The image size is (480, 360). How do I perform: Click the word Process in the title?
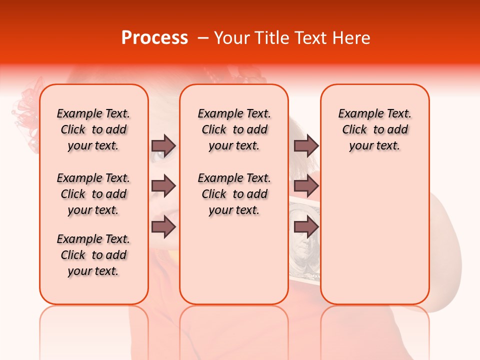click(154, 38)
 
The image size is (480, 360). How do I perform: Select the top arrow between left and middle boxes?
click(163, 145)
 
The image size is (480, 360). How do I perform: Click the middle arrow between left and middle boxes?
click(163, 186)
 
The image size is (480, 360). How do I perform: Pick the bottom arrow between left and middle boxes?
click(163, 227)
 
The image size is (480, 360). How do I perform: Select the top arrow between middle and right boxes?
click(306, 145)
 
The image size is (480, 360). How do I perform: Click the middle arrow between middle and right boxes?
click(306, 186)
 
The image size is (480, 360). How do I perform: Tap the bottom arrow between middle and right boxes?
click(306, 227)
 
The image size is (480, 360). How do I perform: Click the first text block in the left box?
click(93, 129)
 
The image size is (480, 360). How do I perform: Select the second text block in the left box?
click(93, 194)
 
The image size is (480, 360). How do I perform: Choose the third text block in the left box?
click(93, 255)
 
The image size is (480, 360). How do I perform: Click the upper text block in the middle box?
click(234, 129)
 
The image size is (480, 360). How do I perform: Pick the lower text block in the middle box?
click(234, 194)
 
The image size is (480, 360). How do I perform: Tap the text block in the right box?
click(374, 129)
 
